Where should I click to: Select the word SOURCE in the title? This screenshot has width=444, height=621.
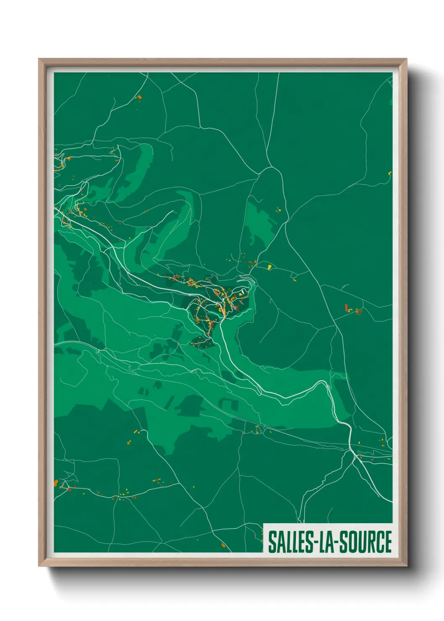[366, 542]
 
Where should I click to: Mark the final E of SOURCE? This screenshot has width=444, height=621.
[388, 542]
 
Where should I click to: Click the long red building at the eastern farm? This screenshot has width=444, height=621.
[346, 308]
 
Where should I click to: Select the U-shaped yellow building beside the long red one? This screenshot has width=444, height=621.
[358, 311]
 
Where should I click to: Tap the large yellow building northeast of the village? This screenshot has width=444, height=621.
[269, 266]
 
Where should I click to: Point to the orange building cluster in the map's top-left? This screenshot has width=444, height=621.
[139, 97]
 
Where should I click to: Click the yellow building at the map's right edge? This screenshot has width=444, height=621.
[390, 173]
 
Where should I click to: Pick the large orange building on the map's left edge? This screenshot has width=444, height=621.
[56, 483]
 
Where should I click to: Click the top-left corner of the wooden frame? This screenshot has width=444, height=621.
[39, 59]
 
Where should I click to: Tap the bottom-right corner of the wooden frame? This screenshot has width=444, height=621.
[406, 566]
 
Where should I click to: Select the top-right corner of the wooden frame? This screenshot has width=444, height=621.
[406, 59]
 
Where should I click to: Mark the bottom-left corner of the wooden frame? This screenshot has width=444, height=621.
[39, 566]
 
